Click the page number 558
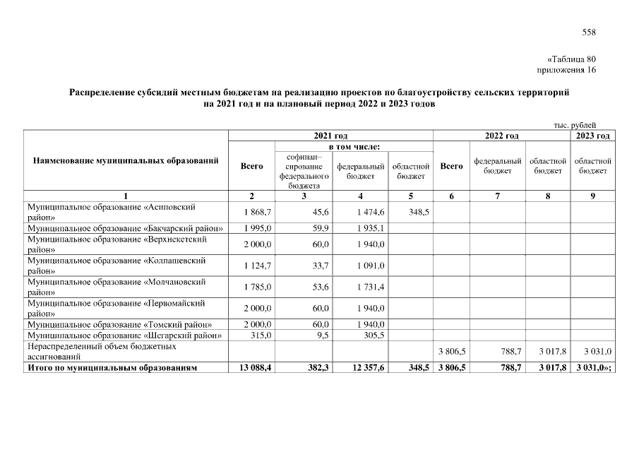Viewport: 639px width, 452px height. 589,32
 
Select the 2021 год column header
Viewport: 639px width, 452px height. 330,136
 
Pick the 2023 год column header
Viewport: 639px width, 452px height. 593,136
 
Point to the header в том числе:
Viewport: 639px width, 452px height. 330,146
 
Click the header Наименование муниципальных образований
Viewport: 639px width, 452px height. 126,161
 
